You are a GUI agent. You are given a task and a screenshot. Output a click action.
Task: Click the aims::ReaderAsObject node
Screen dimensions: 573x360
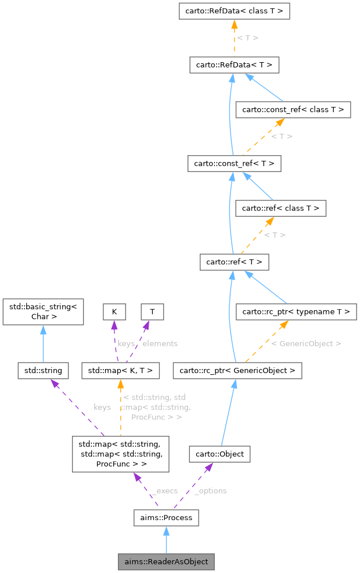pos(166,562)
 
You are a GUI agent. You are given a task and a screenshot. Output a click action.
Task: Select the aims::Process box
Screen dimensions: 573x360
pos(166,517)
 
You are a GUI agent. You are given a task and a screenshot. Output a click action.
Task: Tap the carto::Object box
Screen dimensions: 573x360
pos(219,453)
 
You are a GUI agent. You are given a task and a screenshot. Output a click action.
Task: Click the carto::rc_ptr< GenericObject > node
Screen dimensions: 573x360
pos(237,370)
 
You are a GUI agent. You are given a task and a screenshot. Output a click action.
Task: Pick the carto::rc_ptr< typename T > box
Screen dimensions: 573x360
pos(296,312)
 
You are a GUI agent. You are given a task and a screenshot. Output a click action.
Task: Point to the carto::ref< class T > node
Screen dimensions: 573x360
pos(280,207)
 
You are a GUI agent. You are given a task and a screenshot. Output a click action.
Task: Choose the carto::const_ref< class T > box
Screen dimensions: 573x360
pos(293,109)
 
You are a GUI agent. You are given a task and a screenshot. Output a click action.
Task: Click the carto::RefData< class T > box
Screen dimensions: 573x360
pos(234,11)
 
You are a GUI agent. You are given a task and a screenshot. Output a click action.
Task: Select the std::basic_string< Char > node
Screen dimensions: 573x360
pos(44,311)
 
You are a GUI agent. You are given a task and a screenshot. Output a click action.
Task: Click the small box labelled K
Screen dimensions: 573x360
pos(114,311)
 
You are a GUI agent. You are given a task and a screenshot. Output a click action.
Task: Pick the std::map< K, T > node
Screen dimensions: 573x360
pos(120,370)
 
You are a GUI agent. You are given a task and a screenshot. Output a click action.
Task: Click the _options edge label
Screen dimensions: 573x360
pos(210,490)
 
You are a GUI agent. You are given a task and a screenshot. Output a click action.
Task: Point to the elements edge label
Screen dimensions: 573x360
pos(160,343)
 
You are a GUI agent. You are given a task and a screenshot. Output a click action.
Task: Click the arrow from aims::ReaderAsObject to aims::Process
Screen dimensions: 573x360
pos(166,540)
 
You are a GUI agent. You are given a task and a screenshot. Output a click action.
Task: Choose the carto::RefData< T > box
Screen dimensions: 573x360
pos(234,65)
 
